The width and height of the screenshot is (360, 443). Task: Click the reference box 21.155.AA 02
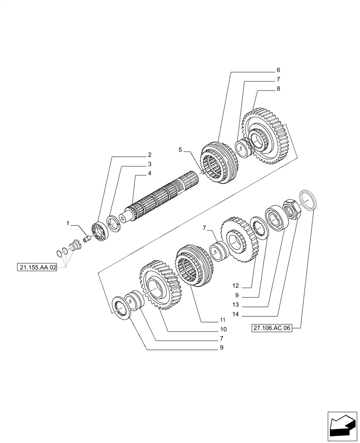pos(38,268)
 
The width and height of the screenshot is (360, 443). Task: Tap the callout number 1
pos(68,224)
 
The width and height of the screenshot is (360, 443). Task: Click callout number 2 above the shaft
pos(149,155)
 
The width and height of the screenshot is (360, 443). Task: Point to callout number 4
pos(149,173)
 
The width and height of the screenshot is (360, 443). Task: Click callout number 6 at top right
pos(278,70)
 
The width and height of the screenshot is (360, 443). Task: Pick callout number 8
pos(278,89)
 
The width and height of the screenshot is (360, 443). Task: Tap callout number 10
pos(223,329)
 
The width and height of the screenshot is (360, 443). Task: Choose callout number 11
pos(223,320)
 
